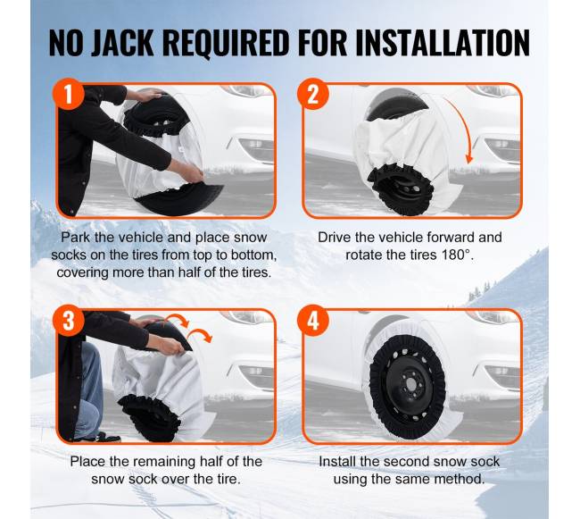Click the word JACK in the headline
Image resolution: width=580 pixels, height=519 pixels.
point(122,42)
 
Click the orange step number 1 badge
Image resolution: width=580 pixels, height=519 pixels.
point(69,94)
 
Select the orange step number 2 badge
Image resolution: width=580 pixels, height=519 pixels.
point(313,94)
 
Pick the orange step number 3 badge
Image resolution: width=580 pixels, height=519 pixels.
point(69,320)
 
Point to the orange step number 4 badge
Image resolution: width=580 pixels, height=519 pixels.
point(313,320)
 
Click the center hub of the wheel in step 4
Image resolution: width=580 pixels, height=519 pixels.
point(410,386)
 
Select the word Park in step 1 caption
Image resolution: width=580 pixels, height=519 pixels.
point(75,237)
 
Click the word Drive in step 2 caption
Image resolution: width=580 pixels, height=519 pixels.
point(335,237)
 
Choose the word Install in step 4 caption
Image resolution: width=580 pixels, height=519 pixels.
point(337,461)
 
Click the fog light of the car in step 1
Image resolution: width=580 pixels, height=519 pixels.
point(256,145)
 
